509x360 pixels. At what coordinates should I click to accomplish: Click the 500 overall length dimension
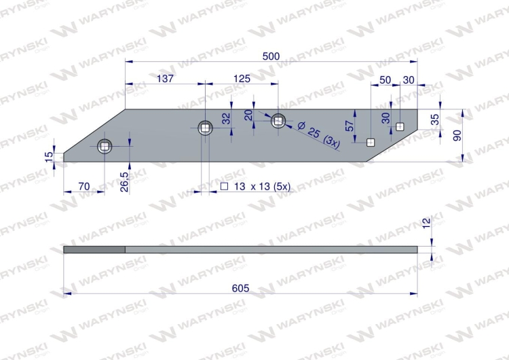[x=271, y=56]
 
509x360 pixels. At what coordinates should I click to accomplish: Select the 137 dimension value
[x=165, y=79]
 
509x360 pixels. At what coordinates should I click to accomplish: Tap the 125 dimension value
[x=242, y=79]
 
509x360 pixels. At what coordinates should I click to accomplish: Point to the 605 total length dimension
[x=240, y=288]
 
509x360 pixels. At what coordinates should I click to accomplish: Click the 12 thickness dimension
[x=427, y=223]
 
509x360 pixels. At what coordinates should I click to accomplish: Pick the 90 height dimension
[x=457, y=135]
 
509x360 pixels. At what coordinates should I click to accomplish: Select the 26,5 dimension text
[x=124, y=181]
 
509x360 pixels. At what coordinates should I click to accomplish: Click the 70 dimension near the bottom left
[x=84, y=187]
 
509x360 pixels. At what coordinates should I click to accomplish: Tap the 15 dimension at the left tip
[x=49, y=157]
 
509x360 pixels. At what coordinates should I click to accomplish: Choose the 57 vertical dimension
[x=350, y=126]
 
